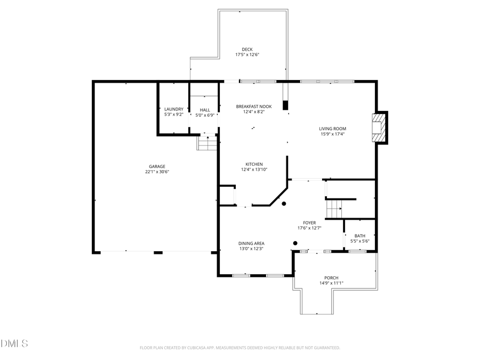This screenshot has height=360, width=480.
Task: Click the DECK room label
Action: click(x=247, y=49)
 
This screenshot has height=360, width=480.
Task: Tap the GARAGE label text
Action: click(x=157, y=166)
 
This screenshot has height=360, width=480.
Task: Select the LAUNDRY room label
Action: click(x=173, y=109)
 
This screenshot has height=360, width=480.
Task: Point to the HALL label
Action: click(x=205, y=109)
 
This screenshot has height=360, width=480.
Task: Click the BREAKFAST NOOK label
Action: click(x=254, y=106)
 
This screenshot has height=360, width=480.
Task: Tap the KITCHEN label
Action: click(x=254, y=164)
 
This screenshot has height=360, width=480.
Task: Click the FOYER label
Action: click(x=309, y=222)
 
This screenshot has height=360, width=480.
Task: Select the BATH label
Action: click(x=360, y=236)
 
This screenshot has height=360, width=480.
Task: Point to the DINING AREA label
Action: click(x=251, y=244)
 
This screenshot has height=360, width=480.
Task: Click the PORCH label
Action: click(x=331, y=278)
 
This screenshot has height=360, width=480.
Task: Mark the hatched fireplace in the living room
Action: click(x=379, y=128)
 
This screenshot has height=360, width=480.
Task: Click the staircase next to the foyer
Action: click(x=333, y=206)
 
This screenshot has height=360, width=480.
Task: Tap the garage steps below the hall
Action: click(x=206, y=142)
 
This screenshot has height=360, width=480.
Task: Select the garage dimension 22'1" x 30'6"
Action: click(x=157, y=171)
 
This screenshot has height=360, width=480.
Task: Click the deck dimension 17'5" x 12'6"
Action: click(x=247, y=54)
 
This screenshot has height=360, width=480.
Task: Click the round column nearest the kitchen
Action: click(x=284, y=204)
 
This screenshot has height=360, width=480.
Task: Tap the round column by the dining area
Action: click(x=295, y=243)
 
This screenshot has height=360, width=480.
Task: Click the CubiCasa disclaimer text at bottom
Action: click(x=239, y=348)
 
